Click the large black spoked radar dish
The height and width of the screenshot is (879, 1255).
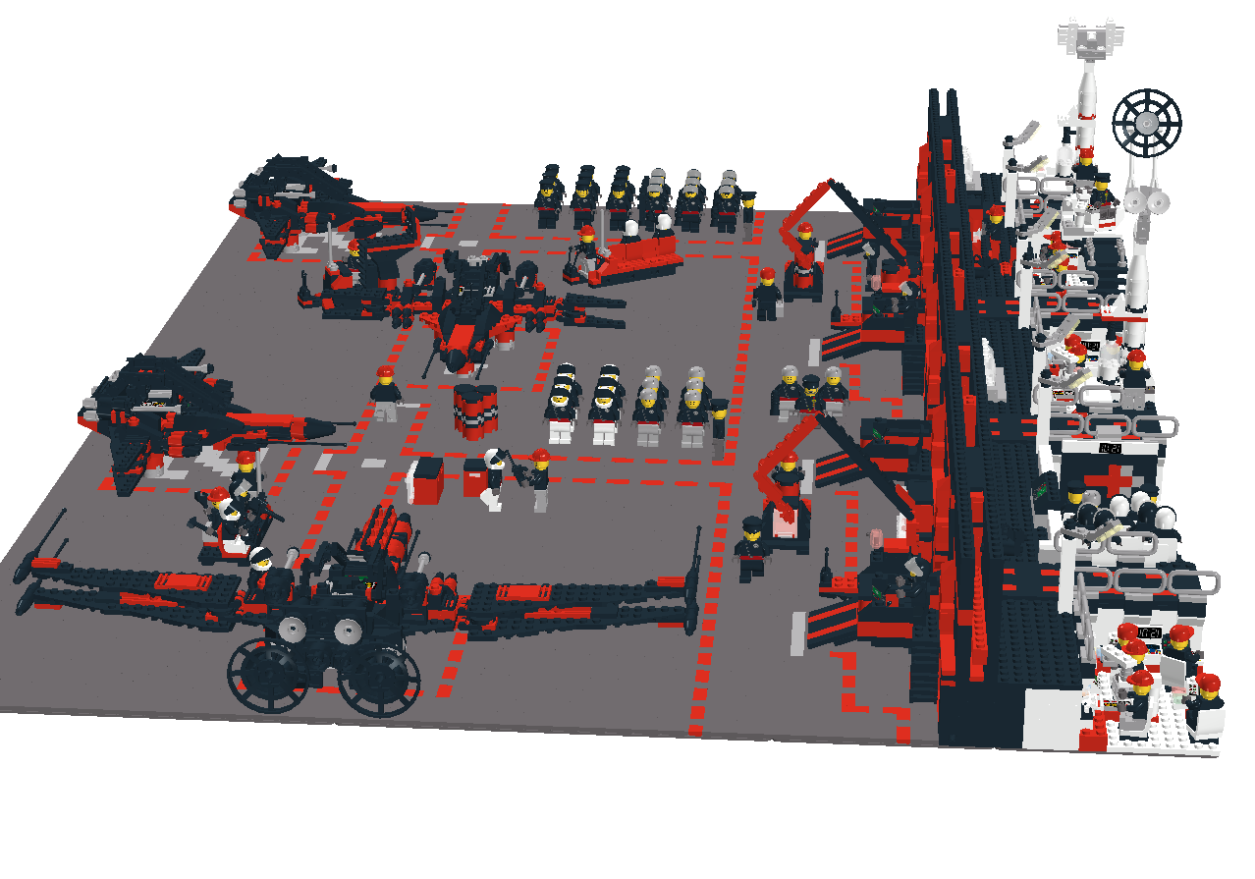[x=1146, y=123]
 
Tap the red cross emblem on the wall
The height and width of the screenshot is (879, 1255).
[x=1110, y=481]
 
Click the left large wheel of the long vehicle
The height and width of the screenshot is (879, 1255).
[x=268, y=675]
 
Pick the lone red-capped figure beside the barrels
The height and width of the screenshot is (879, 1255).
[x=385, y=392]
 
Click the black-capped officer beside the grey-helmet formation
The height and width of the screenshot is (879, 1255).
[x=720, y=425]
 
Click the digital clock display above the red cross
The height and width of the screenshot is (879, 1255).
[x=1109, y=448]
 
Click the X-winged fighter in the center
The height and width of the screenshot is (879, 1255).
[x=471, y=314]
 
